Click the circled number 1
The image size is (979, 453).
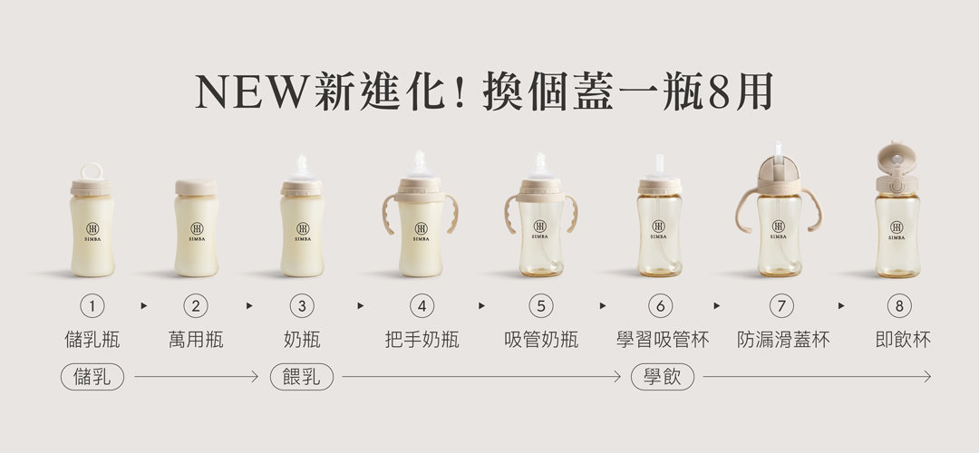[92, 305]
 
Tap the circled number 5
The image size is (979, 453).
[540, 305]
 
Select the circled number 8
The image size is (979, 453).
[899, 305]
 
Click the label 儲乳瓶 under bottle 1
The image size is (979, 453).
[92, 340]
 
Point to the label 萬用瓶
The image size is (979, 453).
[196, 340]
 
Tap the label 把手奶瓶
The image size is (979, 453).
[422, 340]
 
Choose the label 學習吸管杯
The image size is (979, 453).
[663, 340]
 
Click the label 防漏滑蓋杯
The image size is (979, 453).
[783, 340]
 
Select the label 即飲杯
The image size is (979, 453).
[903, 340]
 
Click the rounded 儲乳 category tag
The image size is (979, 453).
[92, 377]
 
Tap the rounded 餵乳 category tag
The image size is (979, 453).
[302, 377]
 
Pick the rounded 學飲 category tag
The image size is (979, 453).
[663, 377]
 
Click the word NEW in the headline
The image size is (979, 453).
[252, 92]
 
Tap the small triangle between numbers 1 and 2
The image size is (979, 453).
[144, 305]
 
